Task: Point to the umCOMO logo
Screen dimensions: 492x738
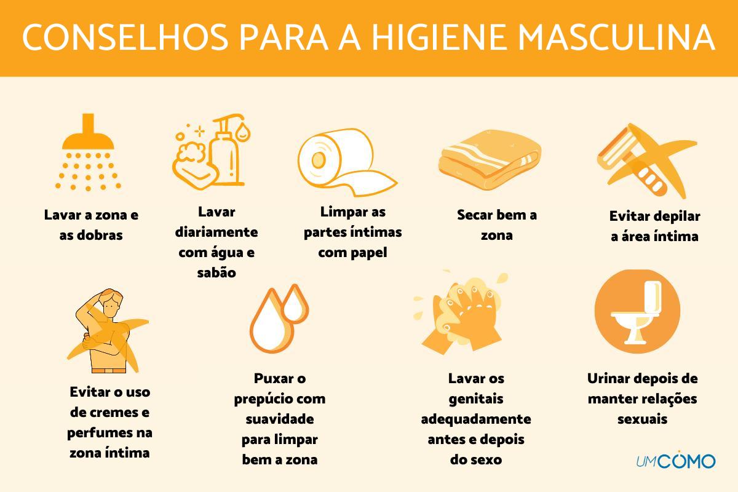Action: click(675, 460)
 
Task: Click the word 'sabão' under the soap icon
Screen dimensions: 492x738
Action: click(216, 272)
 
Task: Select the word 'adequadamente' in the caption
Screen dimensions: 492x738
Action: click(475, 419)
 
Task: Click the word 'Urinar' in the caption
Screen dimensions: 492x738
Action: click(609, 378)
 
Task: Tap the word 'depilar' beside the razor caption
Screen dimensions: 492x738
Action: click(678, 216)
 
